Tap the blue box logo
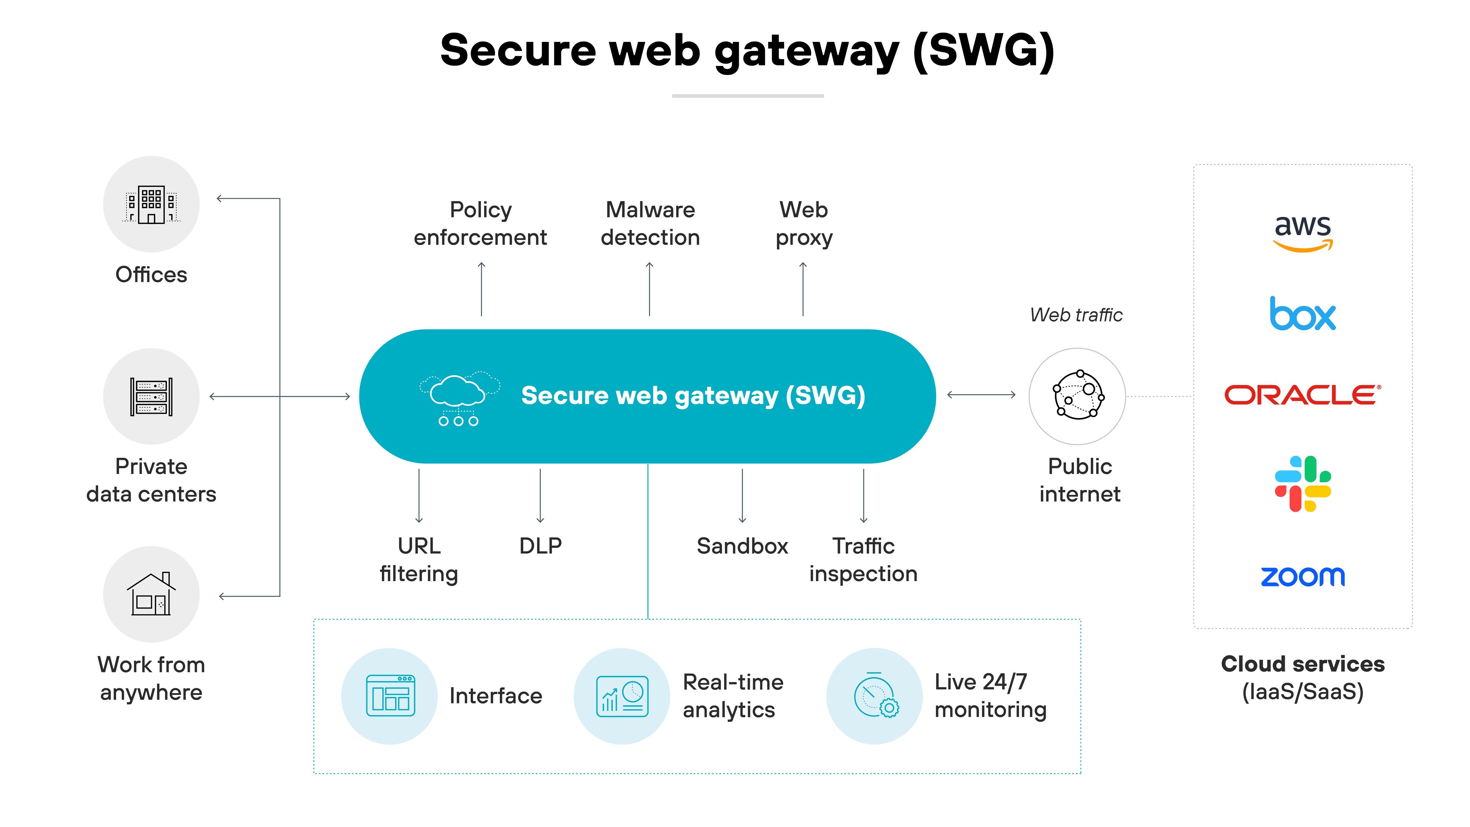click(x=1303, y=314)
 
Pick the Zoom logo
click(x=1303, y=576)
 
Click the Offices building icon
click(x=151, y=204)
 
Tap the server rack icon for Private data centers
click(x=151, y=397)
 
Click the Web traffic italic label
click(x=1076, y=315)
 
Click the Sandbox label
click(x=742, y=546)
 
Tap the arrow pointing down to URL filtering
click(x=419, y=495)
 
